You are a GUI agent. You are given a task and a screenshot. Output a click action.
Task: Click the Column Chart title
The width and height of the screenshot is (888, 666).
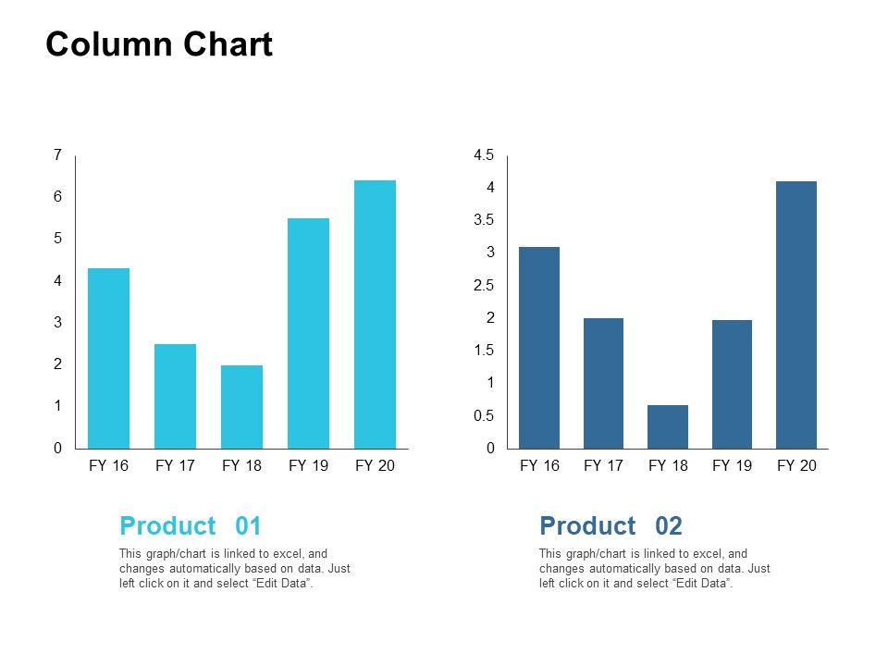coord(159,44)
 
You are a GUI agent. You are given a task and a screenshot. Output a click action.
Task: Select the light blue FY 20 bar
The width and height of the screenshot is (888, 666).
coord(375,314)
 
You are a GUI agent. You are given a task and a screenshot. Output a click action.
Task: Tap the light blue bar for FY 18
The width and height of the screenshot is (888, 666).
coord(241,407)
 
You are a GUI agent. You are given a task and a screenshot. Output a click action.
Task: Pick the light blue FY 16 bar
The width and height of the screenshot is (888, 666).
coord(108,359)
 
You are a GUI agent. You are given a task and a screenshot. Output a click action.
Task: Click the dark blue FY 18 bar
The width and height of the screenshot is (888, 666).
coord(668,426)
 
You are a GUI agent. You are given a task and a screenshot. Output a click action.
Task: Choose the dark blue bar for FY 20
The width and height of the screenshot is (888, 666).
coord(796,314)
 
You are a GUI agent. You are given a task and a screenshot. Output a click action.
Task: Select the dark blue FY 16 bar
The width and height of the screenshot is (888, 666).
coord(539,348)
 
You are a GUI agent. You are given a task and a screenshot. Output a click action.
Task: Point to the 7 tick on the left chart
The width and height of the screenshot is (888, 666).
coord(57,155)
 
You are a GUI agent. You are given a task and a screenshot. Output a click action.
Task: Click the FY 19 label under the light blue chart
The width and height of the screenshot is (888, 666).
coord(308,465)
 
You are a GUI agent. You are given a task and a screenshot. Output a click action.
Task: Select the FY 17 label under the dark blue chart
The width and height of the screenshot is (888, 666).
coord(603,465)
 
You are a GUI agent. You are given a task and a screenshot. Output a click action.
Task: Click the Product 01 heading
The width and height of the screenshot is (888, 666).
coord(191,526)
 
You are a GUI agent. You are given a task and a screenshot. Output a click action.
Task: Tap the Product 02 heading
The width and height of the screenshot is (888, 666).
coord(610,526)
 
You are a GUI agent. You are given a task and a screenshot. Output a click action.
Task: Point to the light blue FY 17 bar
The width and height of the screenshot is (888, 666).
coord(175,396)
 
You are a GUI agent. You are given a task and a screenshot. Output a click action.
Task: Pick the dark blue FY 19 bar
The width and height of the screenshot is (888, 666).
coord(732,384)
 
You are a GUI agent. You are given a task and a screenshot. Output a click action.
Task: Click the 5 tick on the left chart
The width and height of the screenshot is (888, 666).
coord(57,239)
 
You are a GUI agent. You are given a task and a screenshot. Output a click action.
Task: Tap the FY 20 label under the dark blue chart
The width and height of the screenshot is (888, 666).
coord(796,465)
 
